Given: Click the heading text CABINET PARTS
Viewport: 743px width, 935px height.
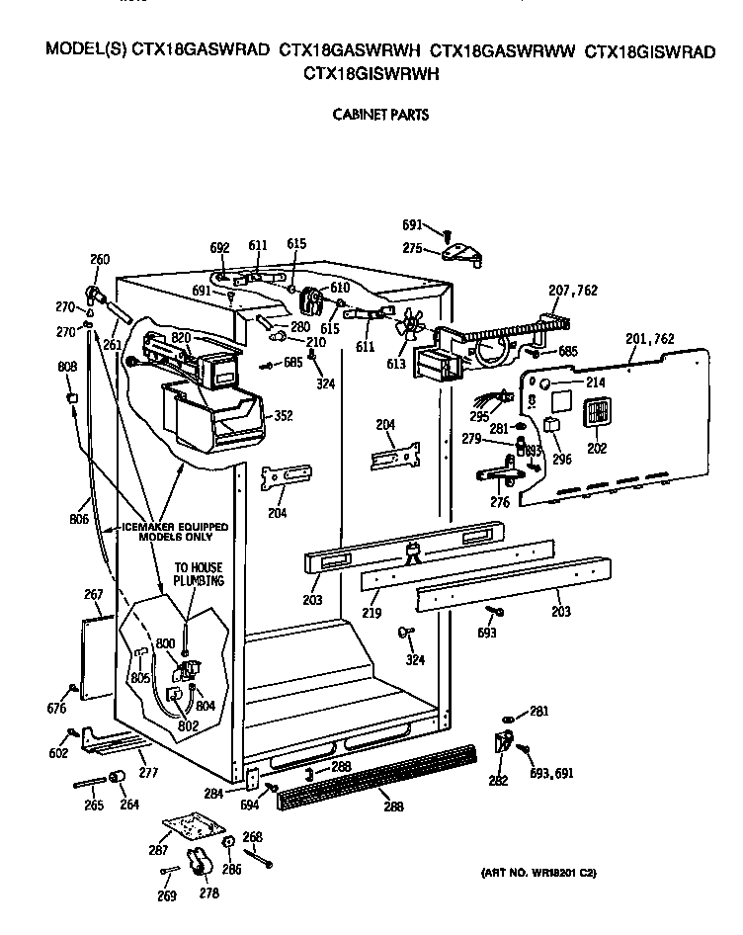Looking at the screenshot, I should (x=379, y=115).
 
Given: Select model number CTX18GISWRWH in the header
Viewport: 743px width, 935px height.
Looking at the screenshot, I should (x=371, y=73).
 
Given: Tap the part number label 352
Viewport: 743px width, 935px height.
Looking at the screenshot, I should (x=283, y=416).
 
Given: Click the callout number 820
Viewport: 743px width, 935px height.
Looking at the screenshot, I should (x=180, y=336).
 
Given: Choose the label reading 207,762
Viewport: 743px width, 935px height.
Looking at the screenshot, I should (x=572, y=291).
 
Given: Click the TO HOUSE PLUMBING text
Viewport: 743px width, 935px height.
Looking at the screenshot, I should (x=198, y=575).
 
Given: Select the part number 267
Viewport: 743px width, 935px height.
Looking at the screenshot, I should (x=93, y=595).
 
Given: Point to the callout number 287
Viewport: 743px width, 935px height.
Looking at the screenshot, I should (x=156, y=849).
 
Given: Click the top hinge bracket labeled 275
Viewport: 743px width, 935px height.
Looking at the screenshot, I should (x=461, y=254).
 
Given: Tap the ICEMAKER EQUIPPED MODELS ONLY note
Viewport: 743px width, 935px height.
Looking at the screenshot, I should (x=174, y=531).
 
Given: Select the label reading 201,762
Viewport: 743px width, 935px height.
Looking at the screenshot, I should (x=650, y=339).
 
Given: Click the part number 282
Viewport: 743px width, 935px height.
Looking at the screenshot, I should (x=498, y=781).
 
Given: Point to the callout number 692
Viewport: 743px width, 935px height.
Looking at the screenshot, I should (x=219, y=249).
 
